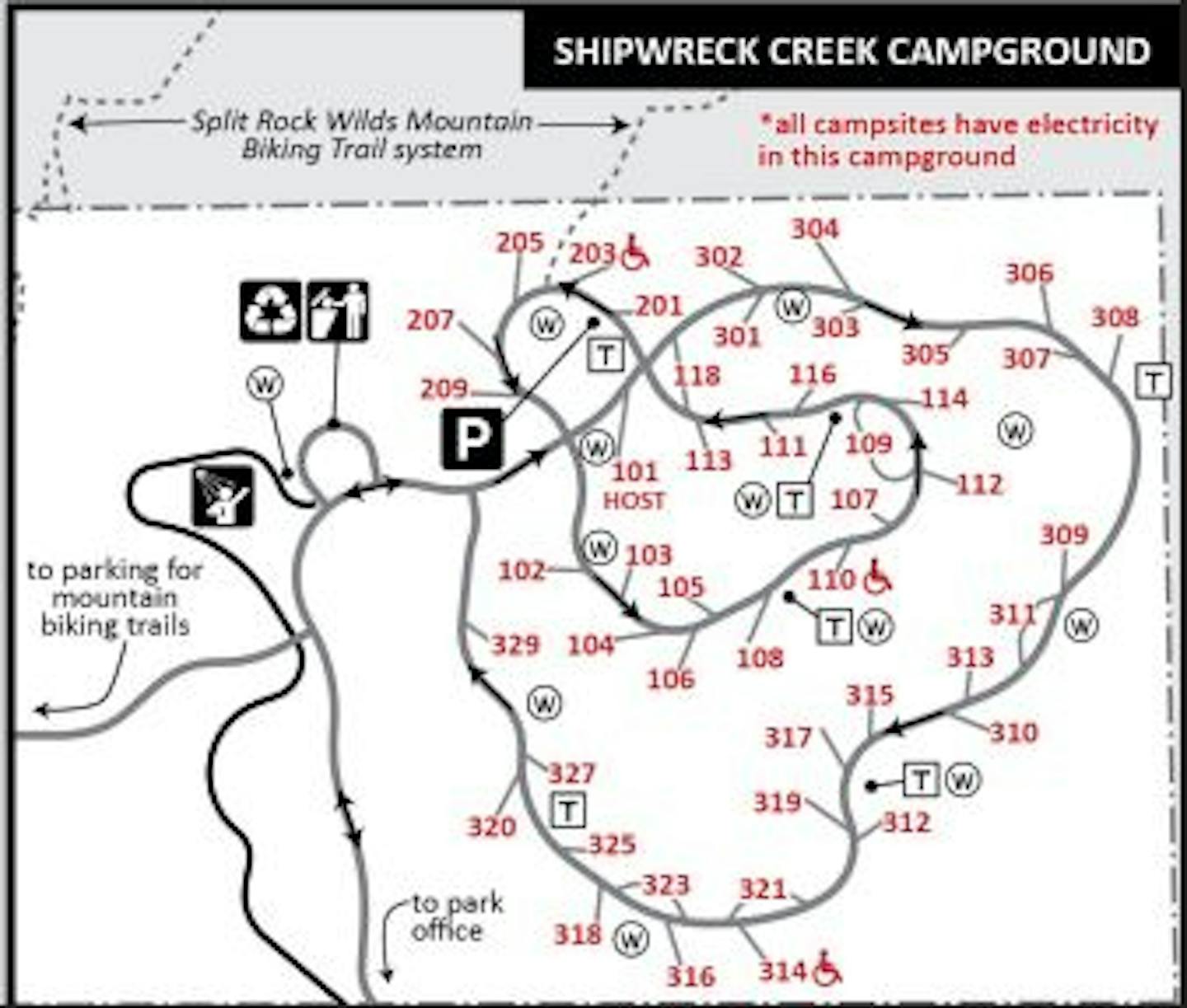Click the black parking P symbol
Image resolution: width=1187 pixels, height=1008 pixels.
[472, 439]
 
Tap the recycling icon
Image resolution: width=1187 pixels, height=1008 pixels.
[270, 312]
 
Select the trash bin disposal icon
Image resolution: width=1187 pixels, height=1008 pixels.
[338, 312]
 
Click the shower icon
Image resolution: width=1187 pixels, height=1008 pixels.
[223, 496]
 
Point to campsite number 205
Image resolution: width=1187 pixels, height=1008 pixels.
[519, 242]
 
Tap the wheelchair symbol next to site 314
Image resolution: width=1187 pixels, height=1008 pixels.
[827, 969]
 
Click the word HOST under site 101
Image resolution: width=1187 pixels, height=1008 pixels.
[633, 501]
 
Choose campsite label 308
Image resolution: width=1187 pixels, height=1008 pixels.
[1114, 317]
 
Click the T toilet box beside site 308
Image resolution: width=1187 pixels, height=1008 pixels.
[1153, 382]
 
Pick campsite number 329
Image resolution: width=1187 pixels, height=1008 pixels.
[515, 645]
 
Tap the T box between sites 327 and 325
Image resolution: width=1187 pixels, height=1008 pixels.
[568, 810]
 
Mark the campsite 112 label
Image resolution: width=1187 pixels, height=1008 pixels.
[979, 484]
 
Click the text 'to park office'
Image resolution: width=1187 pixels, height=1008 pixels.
[456, 917]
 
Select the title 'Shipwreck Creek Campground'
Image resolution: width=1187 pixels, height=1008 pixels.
[852, 51]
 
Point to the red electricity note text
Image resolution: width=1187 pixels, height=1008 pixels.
[958, 140]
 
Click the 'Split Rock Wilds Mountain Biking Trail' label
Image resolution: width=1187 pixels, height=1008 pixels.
[361, 135]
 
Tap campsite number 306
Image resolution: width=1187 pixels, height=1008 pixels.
[1029, 273]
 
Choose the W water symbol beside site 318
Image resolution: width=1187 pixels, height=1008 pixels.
[631, 939]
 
